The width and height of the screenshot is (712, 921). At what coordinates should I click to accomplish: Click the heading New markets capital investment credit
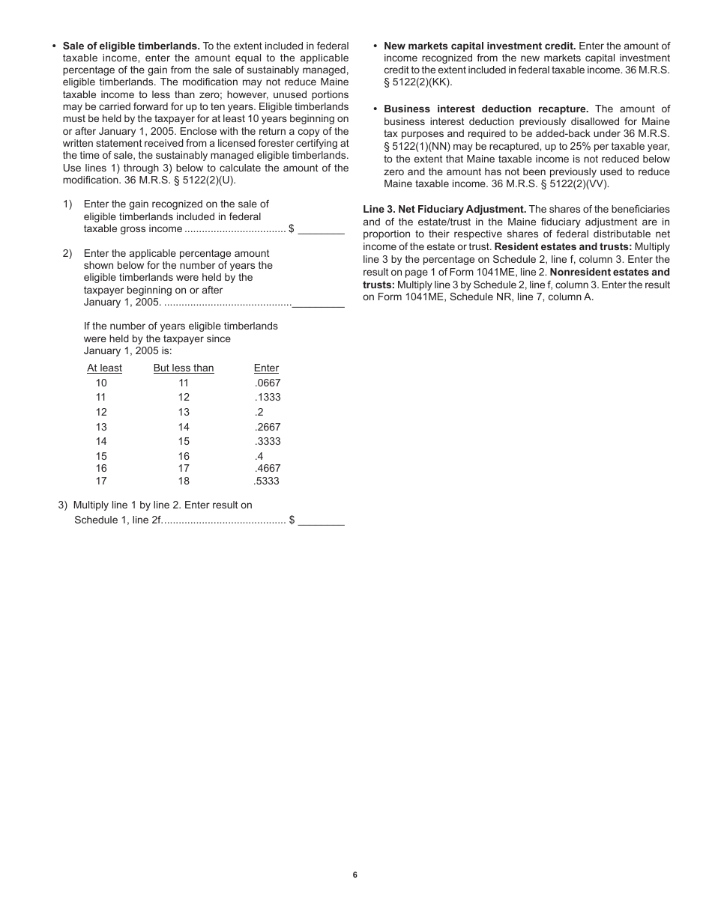480,46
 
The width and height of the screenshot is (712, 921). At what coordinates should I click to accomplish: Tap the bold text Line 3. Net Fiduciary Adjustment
444,209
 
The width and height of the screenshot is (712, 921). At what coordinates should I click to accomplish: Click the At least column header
104,368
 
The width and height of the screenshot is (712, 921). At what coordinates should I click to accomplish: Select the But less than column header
184,368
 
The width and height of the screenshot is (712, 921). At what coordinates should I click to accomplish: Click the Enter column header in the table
266,368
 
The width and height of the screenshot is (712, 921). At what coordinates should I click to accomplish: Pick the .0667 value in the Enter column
268,383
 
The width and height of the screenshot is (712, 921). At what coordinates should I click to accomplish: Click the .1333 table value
268,397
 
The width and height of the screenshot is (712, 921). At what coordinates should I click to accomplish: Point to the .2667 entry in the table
268,427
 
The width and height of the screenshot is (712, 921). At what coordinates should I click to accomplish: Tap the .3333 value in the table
268,441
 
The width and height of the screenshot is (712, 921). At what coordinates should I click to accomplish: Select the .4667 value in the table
268,469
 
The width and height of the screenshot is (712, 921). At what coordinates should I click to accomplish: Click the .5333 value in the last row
267,481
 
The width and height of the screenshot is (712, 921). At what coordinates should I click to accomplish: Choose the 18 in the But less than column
184,481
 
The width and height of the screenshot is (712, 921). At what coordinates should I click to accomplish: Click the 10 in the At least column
101,383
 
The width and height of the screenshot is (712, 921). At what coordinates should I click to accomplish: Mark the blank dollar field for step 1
321,230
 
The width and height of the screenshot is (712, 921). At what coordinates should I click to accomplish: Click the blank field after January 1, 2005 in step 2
319,303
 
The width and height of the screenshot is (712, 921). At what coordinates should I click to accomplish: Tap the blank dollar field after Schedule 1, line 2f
321,521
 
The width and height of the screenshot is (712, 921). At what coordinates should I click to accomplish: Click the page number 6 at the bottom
355,875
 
